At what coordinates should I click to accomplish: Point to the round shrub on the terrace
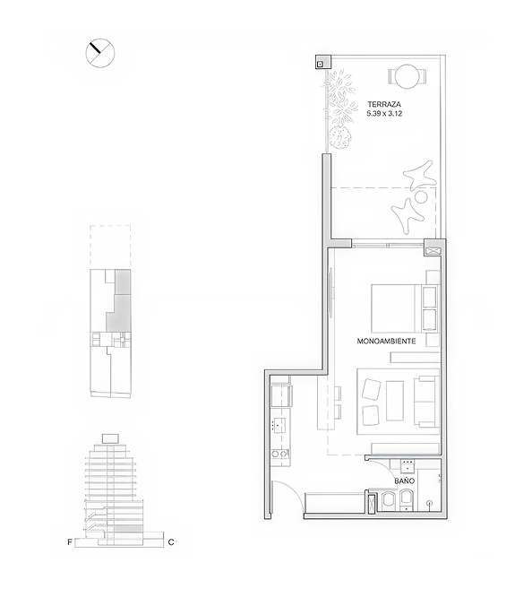point(340,137)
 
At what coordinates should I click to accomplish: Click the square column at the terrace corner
point(323,62)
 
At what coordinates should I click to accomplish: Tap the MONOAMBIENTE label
point(386,342)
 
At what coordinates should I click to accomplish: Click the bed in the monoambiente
point(405,308)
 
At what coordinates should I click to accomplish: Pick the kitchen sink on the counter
point(279,425)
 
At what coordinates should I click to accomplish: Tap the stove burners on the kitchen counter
point(279,455)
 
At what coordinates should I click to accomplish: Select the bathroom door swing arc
point(381,468)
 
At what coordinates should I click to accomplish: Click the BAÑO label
point(404,481)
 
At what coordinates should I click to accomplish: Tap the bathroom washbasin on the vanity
point(408,466)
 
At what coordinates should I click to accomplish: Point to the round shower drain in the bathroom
point(429,503)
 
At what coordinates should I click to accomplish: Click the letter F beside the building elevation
point(69,542)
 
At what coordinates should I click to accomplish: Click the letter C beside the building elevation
point(171,542)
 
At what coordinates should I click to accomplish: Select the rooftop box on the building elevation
point(110,438)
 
